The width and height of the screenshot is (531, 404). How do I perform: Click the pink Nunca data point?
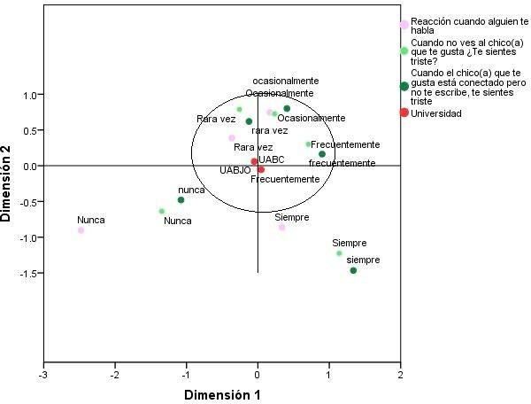pos(81,230)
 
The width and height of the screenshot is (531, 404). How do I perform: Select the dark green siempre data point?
pos(353,270)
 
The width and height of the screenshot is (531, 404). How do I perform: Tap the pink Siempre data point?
pos(282,228)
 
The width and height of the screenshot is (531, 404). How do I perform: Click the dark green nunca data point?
pos(181,200)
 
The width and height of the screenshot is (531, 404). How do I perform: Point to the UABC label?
pos(272,159)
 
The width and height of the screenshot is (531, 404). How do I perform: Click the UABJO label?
pos(235,170)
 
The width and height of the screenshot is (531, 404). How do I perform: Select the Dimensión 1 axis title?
pos(222,393)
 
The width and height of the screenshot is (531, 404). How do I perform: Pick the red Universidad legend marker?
pos(404,113)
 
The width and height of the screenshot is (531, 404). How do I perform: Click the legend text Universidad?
pos(437,113)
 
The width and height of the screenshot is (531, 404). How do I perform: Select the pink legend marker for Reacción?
pos(404,25)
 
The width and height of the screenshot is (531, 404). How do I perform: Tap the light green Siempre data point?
pos(339,253)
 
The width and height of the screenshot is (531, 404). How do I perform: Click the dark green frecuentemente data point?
pos(322,154)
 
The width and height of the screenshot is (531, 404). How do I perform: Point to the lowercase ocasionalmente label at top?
pos(286,81)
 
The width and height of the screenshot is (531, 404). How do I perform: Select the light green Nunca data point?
pos(161,211)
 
